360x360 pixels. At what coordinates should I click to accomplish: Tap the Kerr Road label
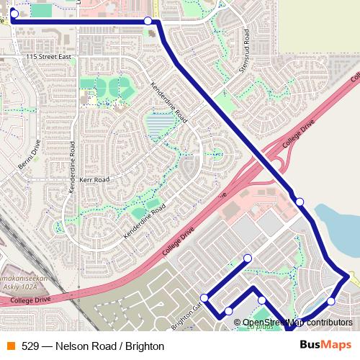pos(95,179)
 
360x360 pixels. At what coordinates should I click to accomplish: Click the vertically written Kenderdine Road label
pos(71,170)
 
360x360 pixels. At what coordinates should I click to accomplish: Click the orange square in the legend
pos(9,346)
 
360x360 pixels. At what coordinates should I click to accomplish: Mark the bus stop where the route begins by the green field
pos(14,13)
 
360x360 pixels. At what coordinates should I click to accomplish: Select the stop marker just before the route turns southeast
pos(148,21)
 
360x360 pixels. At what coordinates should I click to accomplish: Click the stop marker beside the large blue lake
pos(300,201)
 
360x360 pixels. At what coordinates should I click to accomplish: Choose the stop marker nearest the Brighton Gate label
pos(204,297)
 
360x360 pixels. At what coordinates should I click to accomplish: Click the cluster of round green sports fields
pos(107,87)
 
